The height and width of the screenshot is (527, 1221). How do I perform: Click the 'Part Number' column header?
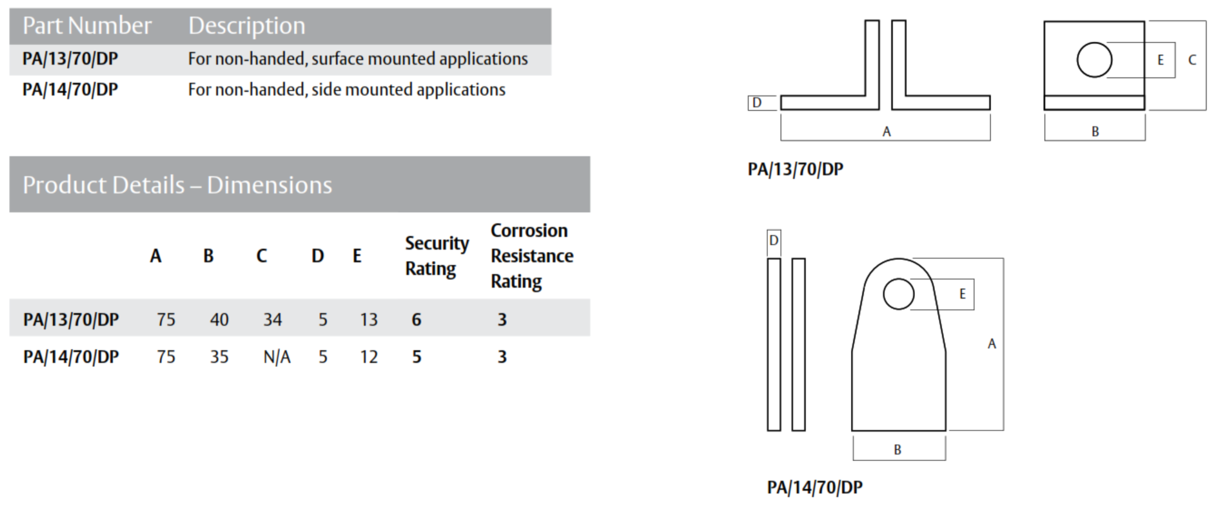(x=86, y=26)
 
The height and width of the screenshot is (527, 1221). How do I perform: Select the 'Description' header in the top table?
(x=246, y=26)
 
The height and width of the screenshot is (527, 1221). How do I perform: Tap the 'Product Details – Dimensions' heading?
(x=177, y=185)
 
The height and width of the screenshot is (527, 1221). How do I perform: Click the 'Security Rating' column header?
(x=436, y=256)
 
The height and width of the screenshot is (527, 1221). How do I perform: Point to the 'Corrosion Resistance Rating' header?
(x=532, y=256)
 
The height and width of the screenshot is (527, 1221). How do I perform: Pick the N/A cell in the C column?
(x=276, y=357)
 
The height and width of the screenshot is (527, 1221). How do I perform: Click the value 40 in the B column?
(x=219, y=320)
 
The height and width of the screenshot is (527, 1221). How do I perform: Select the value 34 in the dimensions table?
(x=272, y=320)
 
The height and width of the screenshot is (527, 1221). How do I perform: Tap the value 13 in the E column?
(x=368, y=320)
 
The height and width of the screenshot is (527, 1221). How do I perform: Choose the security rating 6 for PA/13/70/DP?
(x=416, y=320)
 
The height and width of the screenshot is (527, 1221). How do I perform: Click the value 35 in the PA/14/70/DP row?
(x=219, y=357)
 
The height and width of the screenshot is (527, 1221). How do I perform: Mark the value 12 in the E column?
(x=368, y=357)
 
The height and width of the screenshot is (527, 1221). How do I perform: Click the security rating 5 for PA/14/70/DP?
(x=416, y=357)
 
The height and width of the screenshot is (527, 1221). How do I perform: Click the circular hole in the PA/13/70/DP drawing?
(x=1094, y=60)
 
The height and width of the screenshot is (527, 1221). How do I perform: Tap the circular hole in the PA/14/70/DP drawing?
(x=898, y=294)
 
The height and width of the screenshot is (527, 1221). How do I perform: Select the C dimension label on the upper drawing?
(x=1192, y=60)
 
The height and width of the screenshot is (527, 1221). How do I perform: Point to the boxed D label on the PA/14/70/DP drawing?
(x=773, y=240)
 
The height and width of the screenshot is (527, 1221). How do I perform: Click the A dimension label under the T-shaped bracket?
(x=886, y=131)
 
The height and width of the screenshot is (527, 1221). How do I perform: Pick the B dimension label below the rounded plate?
(x=897, y=450)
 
